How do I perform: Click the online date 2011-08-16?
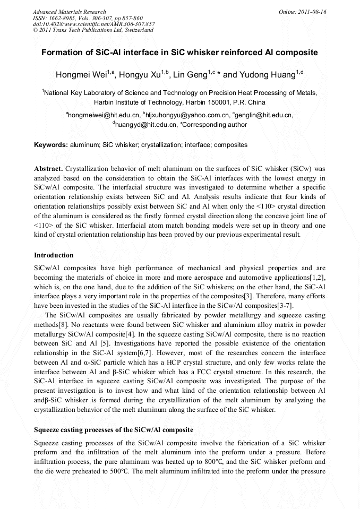312,12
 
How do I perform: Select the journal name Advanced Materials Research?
69,12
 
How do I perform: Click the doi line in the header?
93,24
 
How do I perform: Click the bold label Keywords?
51,144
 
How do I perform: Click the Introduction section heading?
54,255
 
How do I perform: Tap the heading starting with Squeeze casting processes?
114,429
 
